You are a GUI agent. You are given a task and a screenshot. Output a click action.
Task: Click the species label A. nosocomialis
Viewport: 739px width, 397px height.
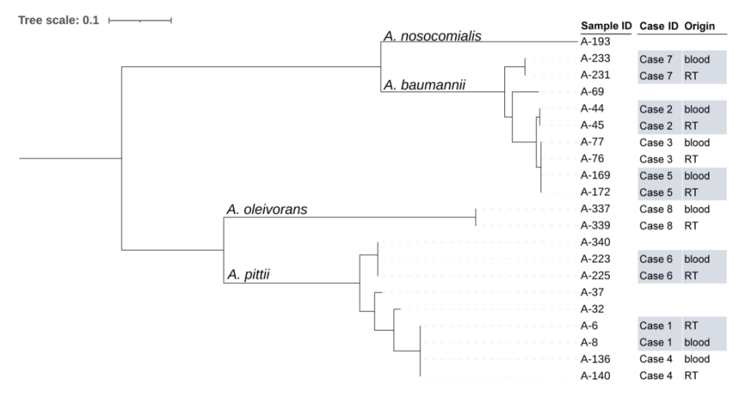pyautogui.click(x=432, y=35)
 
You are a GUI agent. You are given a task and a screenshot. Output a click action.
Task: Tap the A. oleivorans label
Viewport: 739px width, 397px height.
pyautogui.click(x=266, y=209)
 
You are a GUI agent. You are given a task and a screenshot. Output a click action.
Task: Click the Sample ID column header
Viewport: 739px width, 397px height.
pyautogui.click(x=606, y=26)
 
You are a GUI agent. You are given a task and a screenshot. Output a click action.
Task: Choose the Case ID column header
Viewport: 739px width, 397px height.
pyautogui.click(x=658, y=26)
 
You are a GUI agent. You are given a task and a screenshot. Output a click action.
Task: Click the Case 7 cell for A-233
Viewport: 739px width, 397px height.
pyautogui.click(x=656, y=58)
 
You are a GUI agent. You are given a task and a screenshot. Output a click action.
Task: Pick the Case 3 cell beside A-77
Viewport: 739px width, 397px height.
pyautogui.click(x=656, y=142)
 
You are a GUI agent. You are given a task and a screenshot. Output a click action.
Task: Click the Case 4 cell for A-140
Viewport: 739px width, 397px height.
pyautogui.click(x=656, y=375)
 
